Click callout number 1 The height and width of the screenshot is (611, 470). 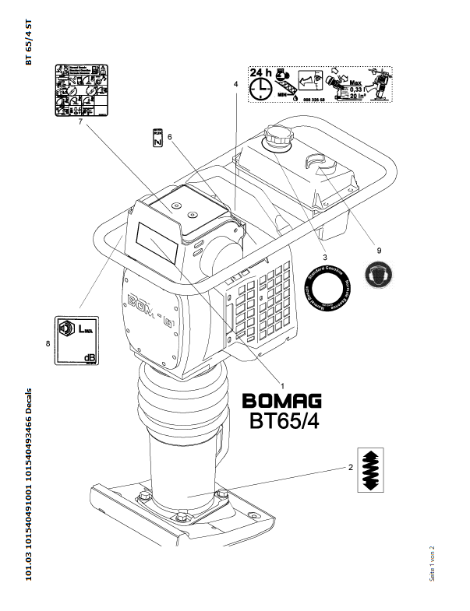281,385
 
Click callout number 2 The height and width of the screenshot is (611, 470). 350,468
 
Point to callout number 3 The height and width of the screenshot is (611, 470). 325,255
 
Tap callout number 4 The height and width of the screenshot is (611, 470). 235,83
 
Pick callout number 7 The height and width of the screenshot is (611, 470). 80,121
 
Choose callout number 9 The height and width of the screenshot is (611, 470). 379,251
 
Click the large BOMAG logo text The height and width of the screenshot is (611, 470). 282,401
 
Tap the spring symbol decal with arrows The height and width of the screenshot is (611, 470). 371,469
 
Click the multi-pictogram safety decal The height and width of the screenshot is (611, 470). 80,90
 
